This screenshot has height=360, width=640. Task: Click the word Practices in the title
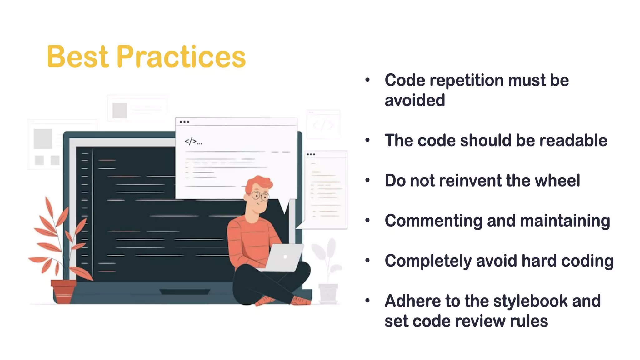[181, 57]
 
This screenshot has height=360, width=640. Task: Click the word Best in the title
[78, 57]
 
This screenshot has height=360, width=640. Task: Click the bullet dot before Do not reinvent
[367, 180]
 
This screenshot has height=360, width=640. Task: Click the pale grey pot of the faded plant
[328, 293]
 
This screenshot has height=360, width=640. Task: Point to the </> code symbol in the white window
[191, 142]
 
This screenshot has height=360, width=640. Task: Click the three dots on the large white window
[184, 122]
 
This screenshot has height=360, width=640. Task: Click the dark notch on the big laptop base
[185, 292]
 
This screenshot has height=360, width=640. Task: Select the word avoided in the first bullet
[414, 101]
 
